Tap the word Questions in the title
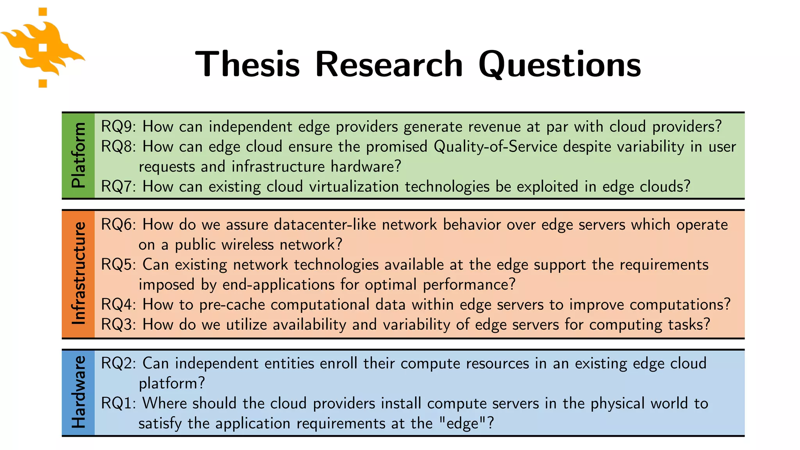[x=559, y=64]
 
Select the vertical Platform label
[x=79, y=155]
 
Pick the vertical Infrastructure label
[x=79, y=273]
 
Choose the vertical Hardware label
[x=79, y=392]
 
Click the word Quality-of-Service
[x=495, y=147]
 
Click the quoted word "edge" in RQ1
[x=462, y=423]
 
